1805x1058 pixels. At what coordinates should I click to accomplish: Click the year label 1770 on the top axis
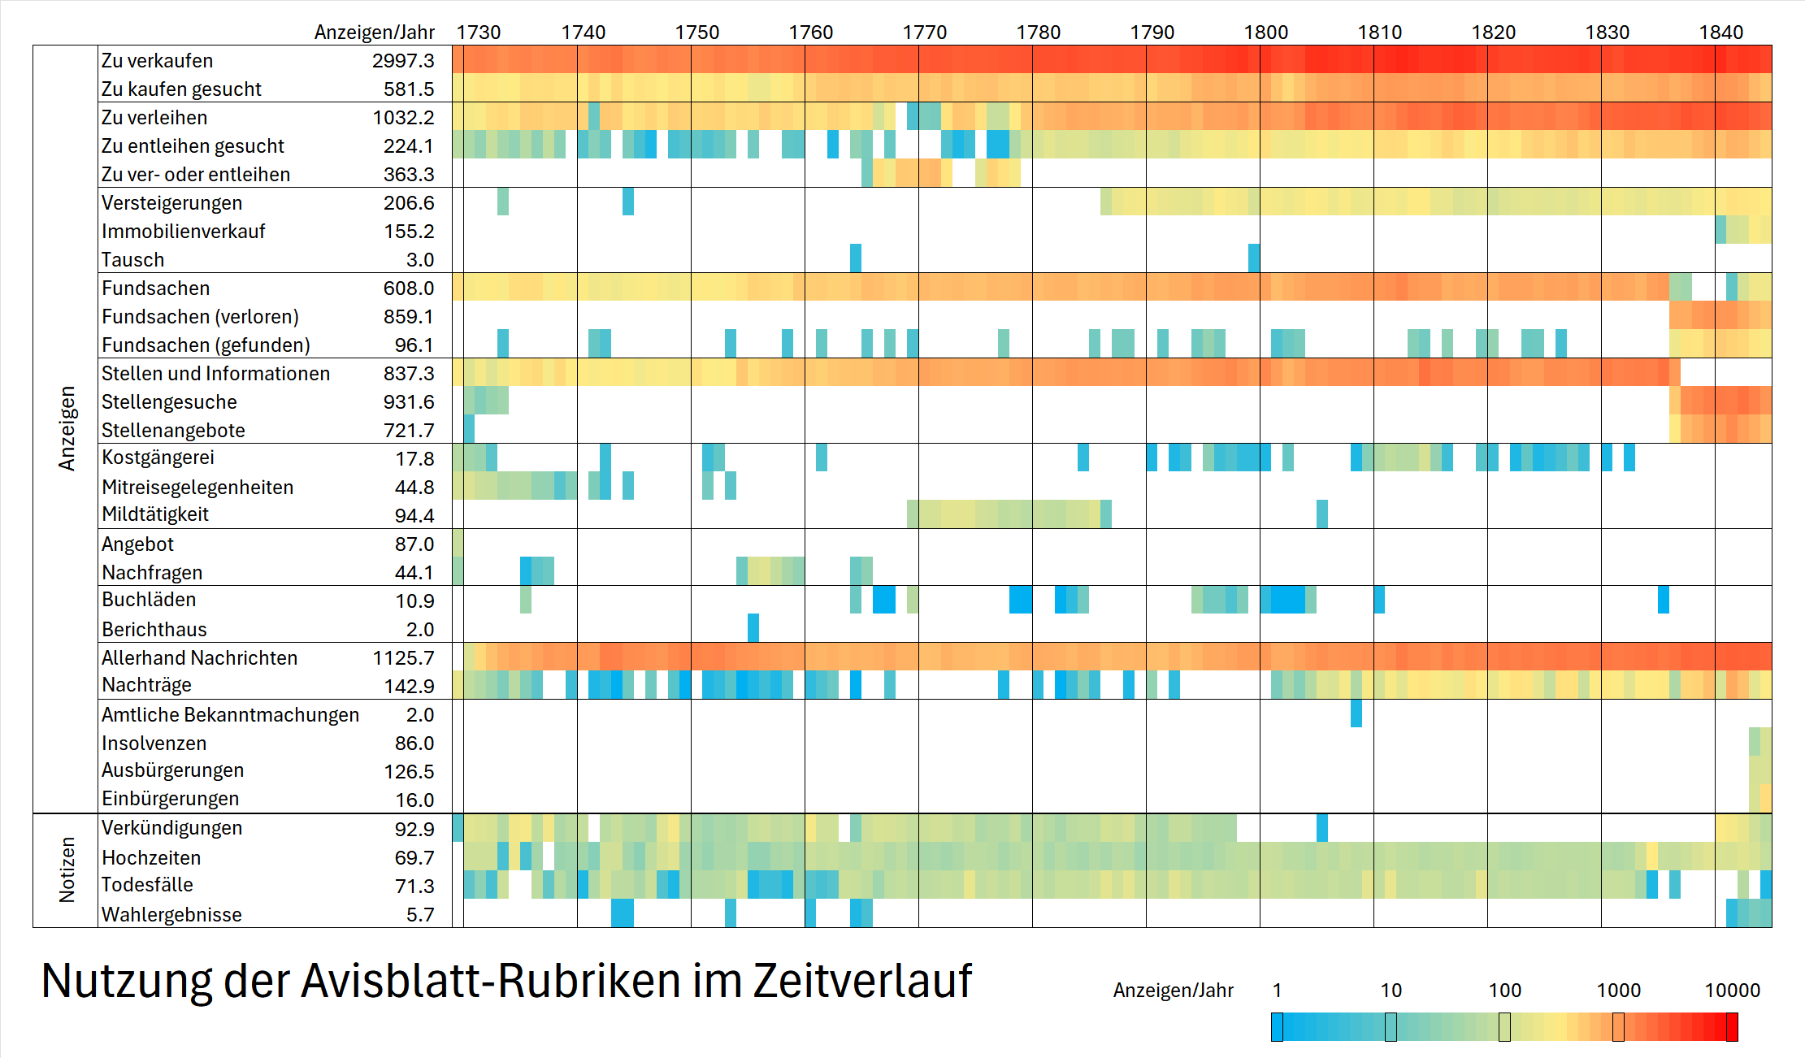click(924, 33)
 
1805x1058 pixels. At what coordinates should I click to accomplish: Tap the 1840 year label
click(1720, 33)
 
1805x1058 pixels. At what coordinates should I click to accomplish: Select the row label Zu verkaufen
click(157, 61)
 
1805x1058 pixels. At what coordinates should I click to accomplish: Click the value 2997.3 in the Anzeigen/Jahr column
click(403, 61)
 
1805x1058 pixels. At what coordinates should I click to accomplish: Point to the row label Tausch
click(132, 260)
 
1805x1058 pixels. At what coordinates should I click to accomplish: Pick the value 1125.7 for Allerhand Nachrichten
click(403, 658)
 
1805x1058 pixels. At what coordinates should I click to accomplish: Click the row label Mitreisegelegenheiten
click(197, 488)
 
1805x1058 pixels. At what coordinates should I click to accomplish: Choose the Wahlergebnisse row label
click(171, 915)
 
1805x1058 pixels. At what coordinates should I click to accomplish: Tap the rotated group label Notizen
click(67, 870)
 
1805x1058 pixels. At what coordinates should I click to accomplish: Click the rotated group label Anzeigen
click(67, 428)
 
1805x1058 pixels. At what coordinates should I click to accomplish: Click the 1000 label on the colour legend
click(1618, 991)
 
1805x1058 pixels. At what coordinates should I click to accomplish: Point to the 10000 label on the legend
click(1732, 991)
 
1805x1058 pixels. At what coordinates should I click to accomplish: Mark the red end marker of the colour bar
click(1732, 1027)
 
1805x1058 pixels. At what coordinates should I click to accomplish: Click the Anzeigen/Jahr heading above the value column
click(374, 33)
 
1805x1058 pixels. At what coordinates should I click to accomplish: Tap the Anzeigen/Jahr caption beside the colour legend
click(1173, 991)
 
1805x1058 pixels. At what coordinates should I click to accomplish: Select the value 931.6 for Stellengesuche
click(409, 402)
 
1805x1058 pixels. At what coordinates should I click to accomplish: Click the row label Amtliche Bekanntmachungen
click(230, 715)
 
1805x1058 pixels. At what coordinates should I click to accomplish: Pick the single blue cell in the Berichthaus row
click(753, 628)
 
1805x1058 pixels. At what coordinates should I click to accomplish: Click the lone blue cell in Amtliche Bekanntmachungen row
click(1356, 713)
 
